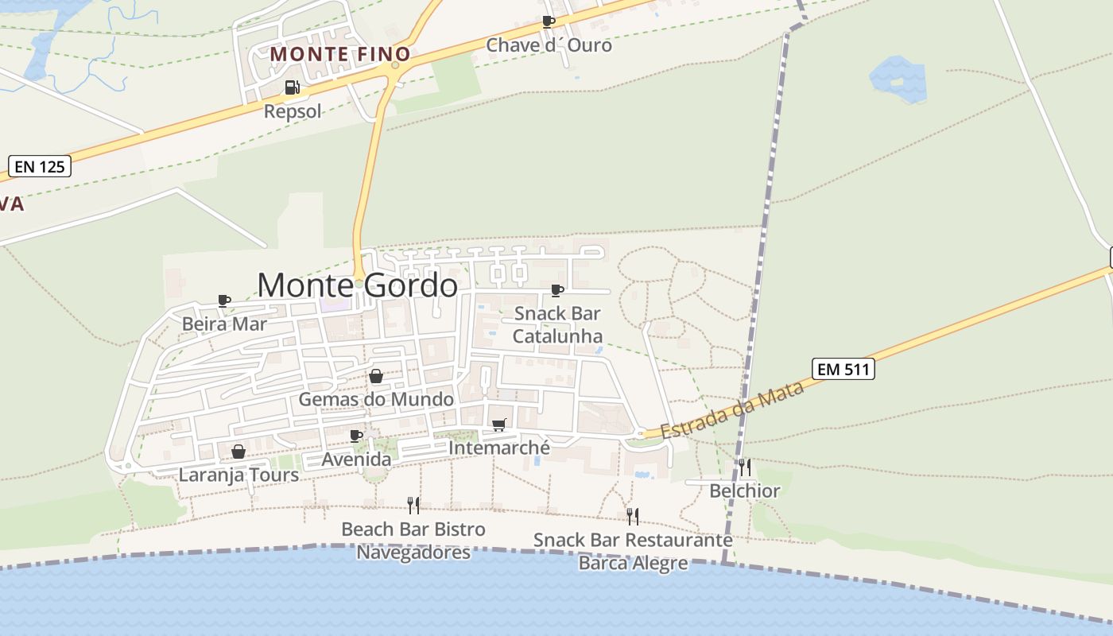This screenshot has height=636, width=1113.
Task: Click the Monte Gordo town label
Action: pos(357,285)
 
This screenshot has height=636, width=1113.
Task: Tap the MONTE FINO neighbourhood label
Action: pos(340,54)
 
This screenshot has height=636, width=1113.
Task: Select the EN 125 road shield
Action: pos(40,166)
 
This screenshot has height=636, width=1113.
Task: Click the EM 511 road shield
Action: pos(843,369)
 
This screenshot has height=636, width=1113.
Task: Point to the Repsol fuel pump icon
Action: pos(292,87)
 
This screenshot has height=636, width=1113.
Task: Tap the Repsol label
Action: pos(293,111)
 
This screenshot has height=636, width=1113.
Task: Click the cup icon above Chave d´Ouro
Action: pos(548,21)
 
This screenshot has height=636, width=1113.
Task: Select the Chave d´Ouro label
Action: pos(549,45)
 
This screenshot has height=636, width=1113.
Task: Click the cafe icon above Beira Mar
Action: pos(224,301)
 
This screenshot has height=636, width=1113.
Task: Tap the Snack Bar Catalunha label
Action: pos(557,324)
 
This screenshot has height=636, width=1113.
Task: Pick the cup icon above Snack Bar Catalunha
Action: pos(557,290)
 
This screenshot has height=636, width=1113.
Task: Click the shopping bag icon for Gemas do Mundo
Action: pos(376,376)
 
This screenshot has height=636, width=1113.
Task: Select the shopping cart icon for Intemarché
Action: pos(498,425)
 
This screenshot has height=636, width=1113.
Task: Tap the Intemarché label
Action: pos(498,448)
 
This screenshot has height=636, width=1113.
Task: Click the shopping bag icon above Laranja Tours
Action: pos(238,452)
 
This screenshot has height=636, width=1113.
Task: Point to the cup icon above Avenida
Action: pos(356,436)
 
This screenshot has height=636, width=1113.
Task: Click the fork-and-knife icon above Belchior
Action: pos(744,467)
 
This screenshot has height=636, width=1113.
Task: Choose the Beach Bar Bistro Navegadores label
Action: pos(413,540)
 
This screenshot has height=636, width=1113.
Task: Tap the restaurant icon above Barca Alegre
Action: pos(633,517)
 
